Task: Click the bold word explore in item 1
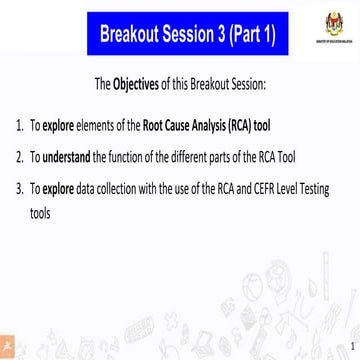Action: pos(62,127)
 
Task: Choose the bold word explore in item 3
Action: pos(62,187)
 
